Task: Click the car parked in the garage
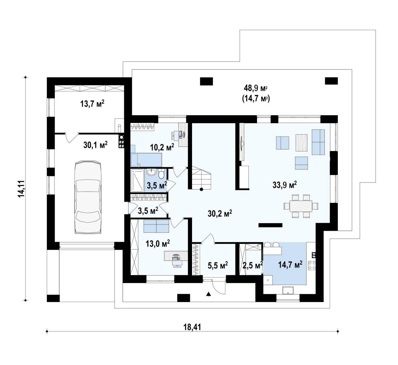click(x=88, y=197)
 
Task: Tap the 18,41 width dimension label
click(x=192, y=327)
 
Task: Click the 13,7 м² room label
click(x=92, y=104)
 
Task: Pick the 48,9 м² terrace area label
click(x=256, y=88)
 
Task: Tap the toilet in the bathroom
click(x=161, y=174)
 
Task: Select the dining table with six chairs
click(x=301, y=206)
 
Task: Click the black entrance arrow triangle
click(x=208, y=294)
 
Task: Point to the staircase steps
click(x=201, y=178)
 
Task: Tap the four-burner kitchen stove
click(x=312, y=265)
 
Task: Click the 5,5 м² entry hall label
click(x=218, y=265)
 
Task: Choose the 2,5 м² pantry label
click(x=253, y=265)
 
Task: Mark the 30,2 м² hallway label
click(x=220, y=213)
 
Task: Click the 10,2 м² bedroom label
click(x=162, y=147)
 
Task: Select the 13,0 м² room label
click(x=158, y=243)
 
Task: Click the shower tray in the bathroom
click(x=137, y=181)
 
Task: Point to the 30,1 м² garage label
click(x=95, y=145)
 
